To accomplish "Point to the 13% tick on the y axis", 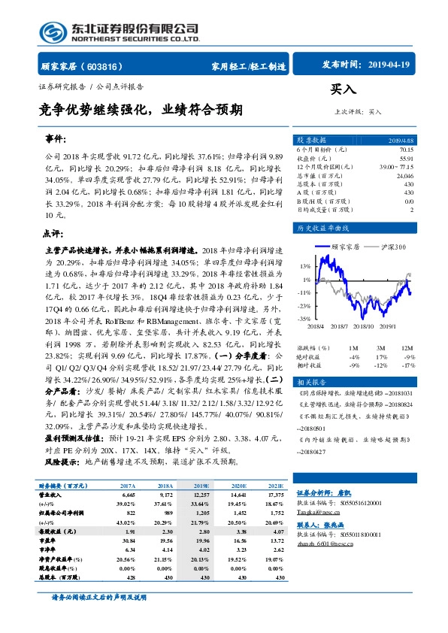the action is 304,266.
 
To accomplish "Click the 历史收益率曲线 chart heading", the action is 323,227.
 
